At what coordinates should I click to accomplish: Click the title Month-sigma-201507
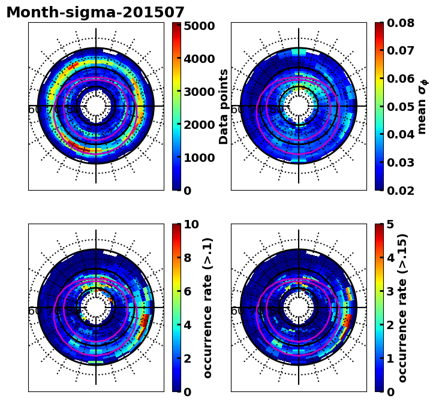click(95, 13)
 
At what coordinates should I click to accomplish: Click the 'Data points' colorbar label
click(224, 106)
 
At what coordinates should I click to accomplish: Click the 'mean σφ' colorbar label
click(423, 106)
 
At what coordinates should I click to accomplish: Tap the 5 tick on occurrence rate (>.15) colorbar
click(390, 224)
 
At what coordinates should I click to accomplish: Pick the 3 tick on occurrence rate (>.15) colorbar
click(390, 291)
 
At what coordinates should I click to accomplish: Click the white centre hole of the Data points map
click(96, 106)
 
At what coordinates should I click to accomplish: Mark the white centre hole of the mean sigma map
click(299, 106)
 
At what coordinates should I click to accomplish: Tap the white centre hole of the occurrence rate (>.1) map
click(96, 307)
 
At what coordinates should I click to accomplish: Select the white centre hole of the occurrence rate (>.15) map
click(299, 307)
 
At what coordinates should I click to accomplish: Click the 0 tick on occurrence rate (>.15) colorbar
click(390, 392)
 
